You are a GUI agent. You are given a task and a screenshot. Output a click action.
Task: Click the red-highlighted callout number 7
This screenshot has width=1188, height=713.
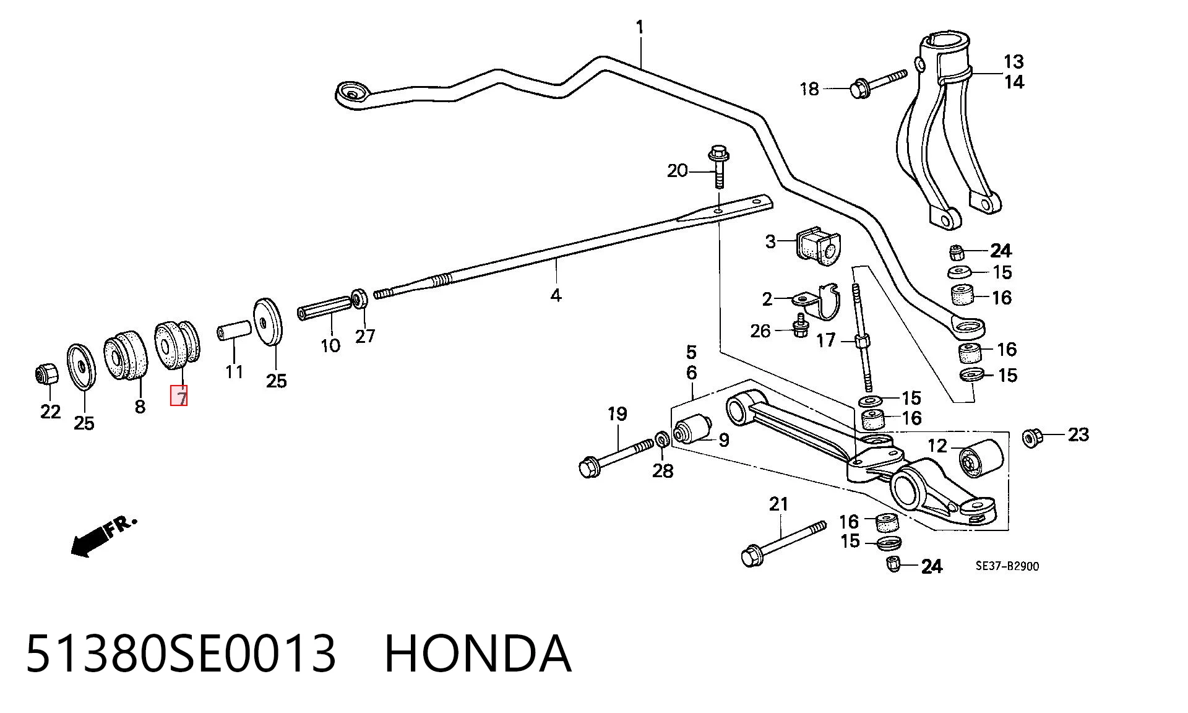(179, 396)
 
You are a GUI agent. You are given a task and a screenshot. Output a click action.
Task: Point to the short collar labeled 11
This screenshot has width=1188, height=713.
(234, 331)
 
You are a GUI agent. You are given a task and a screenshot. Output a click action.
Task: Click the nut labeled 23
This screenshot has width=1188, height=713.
(1031, 438)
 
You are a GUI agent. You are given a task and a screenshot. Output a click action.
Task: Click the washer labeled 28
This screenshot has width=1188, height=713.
(661, 439)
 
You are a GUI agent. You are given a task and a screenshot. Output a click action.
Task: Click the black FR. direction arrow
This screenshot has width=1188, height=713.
(88, 542)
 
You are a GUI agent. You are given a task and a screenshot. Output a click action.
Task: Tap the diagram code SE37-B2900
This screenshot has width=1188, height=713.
(1007, 566)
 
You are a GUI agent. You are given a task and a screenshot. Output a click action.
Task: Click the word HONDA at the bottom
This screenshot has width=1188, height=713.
(478, 654)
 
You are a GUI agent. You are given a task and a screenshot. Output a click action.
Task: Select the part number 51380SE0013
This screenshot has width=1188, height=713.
(181, 654)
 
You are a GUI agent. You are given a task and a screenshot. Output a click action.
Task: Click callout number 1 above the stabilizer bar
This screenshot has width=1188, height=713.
(640, 27)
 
